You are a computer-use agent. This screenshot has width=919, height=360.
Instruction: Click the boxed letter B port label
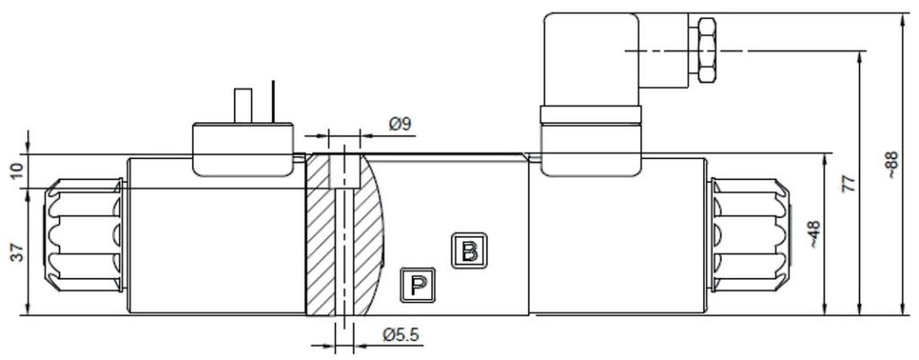click(468, 250)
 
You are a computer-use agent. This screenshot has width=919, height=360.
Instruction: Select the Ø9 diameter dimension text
click(400, 124)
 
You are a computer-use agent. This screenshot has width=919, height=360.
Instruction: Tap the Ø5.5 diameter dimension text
click(401, 336)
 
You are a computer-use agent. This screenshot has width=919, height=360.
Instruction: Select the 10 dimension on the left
click(16, 171)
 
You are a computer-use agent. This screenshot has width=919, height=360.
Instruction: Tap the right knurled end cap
click(750, 235)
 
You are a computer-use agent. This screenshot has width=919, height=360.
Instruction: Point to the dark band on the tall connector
click(590, 114)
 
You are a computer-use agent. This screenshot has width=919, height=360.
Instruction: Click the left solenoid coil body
click(215, 242)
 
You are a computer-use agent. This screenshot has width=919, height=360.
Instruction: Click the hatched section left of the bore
click(320, 242)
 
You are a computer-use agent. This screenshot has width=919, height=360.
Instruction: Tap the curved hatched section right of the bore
click(368, 242)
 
